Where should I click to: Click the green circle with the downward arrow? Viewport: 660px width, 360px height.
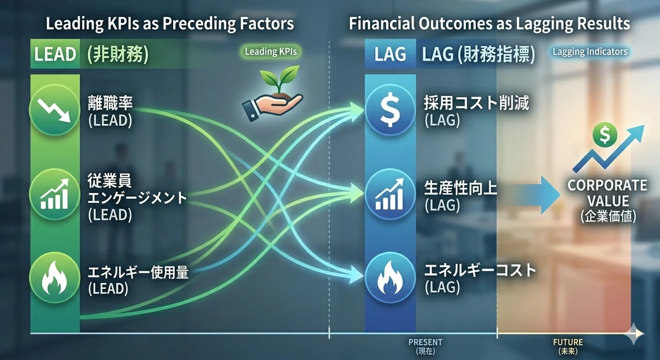tap(54, 110)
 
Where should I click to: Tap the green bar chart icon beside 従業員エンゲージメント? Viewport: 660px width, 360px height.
tap(54, 194)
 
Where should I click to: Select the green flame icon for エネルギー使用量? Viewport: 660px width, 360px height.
tap(54, 278)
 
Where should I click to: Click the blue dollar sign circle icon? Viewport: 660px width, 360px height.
tap(390, 110)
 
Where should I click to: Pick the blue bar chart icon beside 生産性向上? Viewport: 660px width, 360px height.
tap(390, 194)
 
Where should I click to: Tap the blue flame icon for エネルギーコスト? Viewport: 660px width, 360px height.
tap(390, 278)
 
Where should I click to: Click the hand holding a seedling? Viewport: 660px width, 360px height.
tap(273, 93)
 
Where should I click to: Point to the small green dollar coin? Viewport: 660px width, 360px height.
tap(605, 134)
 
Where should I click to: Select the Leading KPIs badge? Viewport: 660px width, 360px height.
tap(271, 52)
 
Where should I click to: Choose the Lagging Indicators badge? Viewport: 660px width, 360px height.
tap(590, 52)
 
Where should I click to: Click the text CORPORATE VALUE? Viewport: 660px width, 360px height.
tap(607, 193)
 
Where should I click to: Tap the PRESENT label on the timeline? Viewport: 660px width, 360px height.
tap(425, 342)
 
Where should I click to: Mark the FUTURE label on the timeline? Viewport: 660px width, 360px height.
tap(568, 342)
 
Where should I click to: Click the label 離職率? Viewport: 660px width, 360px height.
tap(110, 103)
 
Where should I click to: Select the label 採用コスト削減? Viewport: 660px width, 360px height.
tap(476, 103)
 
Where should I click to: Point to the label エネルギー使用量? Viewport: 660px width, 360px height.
tap(138, 272)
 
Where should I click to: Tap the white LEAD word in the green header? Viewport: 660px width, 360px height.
tap(55, 54)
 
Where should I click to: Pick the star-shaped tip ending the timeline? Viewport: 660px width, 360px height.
tap(634, 334)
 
